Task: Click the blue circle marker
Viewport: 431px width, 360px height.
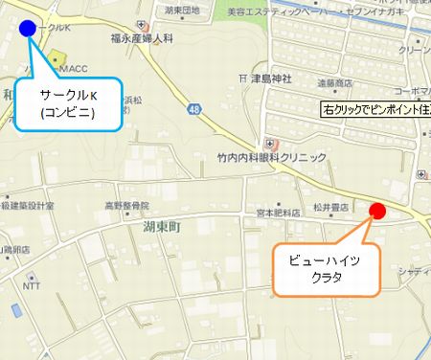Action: (27, 28)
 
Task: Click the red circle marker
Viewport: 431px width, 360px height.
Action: (376, 212)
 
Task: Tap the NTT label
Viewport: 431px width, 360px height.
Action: (32, 285)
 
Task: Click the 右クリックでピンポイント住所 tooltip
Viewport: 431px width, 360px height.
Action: (375, 110)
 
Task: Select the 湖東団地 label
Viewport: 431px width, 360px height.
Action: (181, 10)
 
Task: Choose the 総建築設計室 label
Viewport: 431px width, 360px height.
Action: (28, 205)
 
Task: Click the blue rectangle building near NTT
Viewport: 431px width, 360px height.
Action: (16, 310)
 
